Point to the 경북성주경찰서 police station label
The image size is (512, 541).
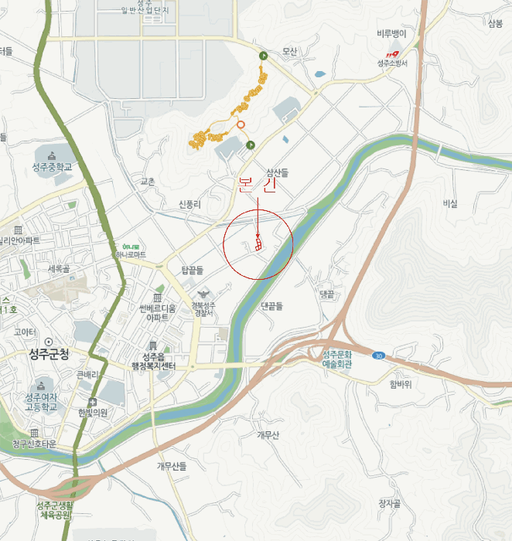click(203, 308)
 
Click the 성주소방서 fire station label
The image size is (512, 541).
click(392, 63)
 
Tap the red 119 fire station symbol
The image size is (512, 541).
click(392, 53)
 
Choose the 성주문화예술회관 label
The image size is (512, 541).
click(337, 359)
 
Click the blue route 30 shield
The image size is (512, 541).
click(378, 356)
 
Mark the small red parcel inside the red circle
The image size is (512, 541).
click(258, 244)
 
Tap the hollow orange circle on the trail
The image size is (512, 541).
click(241, 124)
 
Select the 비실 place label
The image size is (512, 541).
click(449, 203)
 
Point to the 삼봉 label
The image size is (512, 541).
click(495, 23)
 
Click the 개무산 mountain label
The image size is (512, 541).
click(267, 434)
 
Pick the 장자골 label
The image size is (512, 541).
click(389, 503)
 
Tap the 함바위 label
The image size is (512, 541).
click(403, 383)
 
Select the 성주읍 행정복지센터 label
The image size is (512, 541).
click(153, 360)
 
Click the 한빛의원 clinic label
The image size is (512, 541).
click(93, 412)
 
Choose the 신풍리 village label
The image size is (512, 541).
click(189, 204)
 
